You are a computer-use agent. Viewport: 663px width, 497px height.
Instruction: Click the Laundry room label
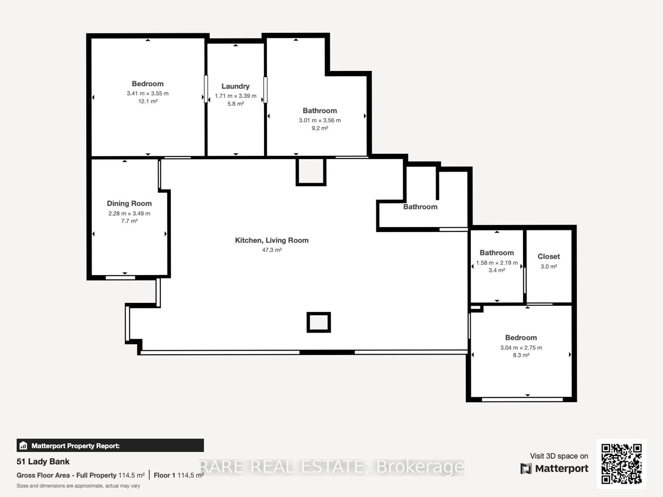tap(235, 86)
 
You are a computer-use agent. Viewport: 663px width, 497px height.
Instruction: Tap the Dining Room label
tap(129, 203)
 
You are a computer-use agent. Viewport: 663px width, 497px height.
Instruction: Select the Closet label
tap(549, 256)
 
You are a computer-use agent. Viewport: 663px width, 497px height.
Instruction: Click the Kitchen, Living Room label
tap(272, 240)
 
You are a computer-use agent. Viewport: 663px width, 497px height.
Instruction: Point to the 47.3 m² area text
tap(272, 250)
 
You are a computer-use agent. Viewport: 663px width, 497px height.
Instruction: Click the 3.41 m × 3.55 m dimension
tap(147, 94)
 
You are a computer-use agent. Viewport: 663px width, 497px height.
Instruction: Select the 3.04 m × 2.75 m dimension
tap(521, 348)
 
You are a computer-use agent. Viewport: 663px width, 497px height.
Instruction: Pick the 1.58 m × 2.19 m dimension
tap(497, 263)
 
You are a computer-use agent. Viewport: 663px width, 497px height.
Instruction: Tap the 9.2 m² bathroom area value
tap(320, 128)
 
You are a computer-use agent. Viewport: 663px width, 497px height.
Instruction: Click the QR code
tap(621, 464)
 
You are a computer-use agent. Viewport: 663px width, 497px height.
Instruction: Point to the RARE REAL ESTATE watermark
tap(331, 467)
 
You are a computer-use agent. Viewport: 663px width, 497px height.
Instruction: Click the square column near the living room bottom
tap(318, 322)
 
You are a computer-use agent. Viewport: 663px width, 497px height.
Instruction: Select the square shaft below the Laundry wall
tap(311, 172)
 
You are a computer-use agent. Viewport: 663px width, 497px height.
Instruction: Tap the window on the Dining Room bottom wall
tap(120, 278)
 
